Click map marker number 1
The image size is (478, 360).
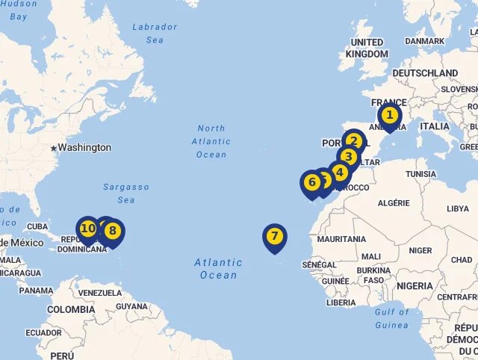pyautogui.click(x=389, y=116)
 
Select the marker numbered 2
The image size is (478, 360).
pyautogui.click(x=354, y=140)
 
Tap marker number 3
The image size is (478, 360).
pyautogui.click(x=348, y=156)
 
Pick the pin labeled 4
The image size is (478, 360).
pyautogui.click(x=340, y=173)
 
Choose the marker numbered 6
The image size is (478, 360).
pyautogui.click(x=311, y=181)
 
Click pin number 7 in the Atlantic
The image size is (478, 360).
pyautogui.click(x=275, y=237)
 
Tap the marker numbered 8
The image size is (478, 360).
pyautogui.click(x=113, y=230)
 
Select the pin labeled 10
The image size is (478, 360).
pyautogui.click(x=87, y=228)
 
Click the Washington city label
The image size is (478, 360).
pyautogui.click(x=84, y=148)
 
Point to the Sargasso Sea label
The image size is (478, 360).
pyautogui.click(x=125, y=193)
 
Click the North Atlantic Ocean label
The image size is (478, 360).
pyautogui.click(x=211, y=141)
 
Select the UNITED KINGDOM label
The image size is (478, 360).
pyautogui.click(x=367, y=48)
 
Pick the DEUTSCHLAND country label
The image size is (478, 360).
pyautogui.click(x=425, y=73)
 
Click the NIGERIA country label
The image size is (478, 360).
pyautogui.click(x=415, y=286)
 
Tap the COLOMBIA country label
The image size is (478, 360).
pyautogui.click(x=71, y=309)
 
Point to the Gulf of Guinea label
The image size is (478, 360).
pyautogui.click(x=392, y=318)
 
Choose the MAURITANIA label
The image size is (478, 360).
pyautogui.click(x=341, y=239)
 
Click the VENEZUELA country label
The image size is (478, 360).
pyautogui.click(x=99, y=292)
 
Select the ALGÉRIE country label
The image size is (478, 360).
pyautogui.click(x=394, y=203)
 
